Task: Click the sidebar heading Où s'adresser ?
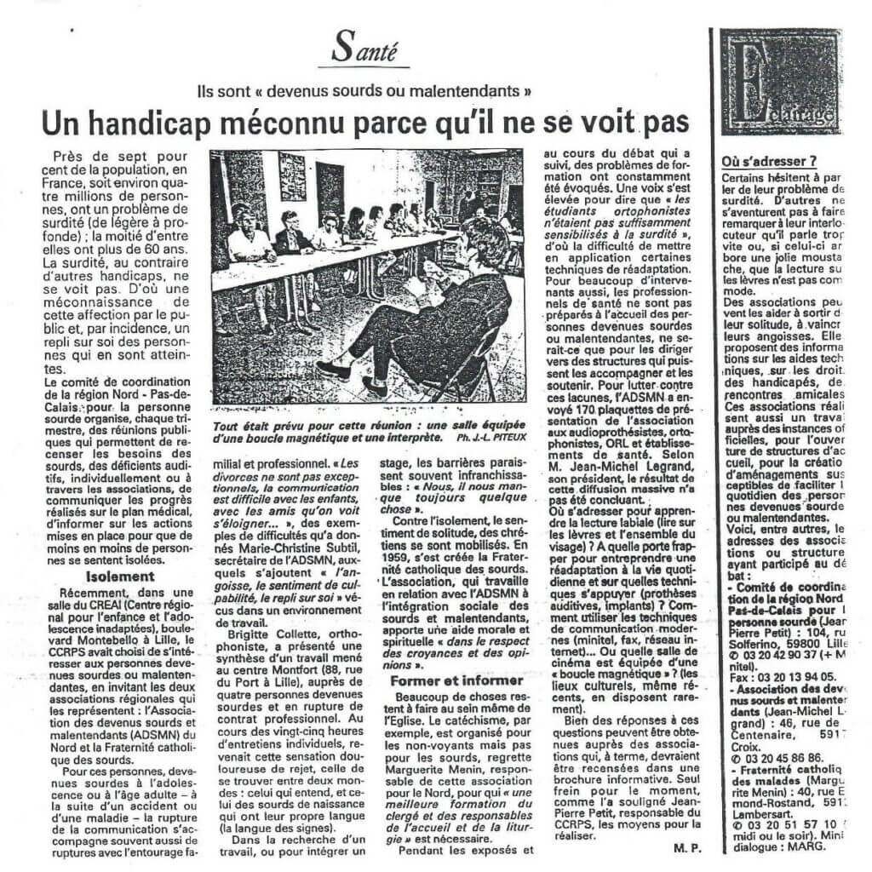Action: tap(769, 159)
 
